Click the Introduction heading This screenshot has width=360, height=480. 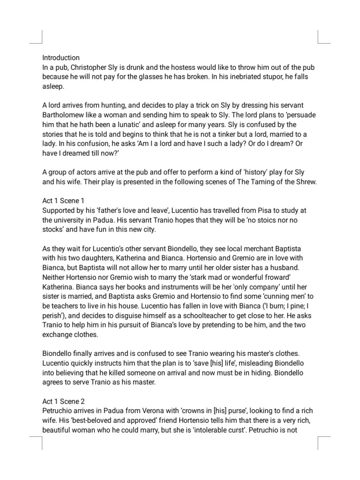[x=61, y=58]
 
